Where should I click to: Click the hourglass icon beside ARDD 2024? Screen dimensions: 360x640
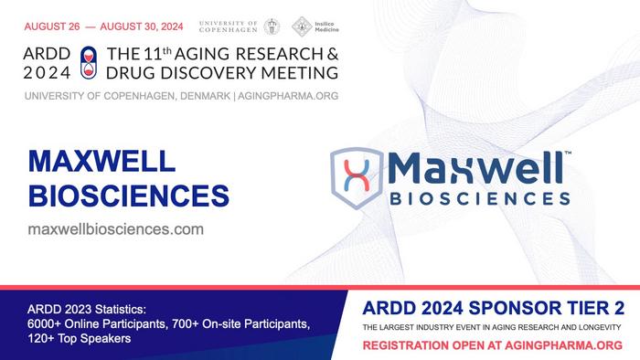point(89,60)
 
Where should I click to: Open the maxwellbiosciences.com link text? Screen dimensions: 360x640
point(116,228)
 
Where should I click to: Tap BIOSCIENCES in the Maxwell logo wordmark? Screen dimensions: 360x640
point(480,196)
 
